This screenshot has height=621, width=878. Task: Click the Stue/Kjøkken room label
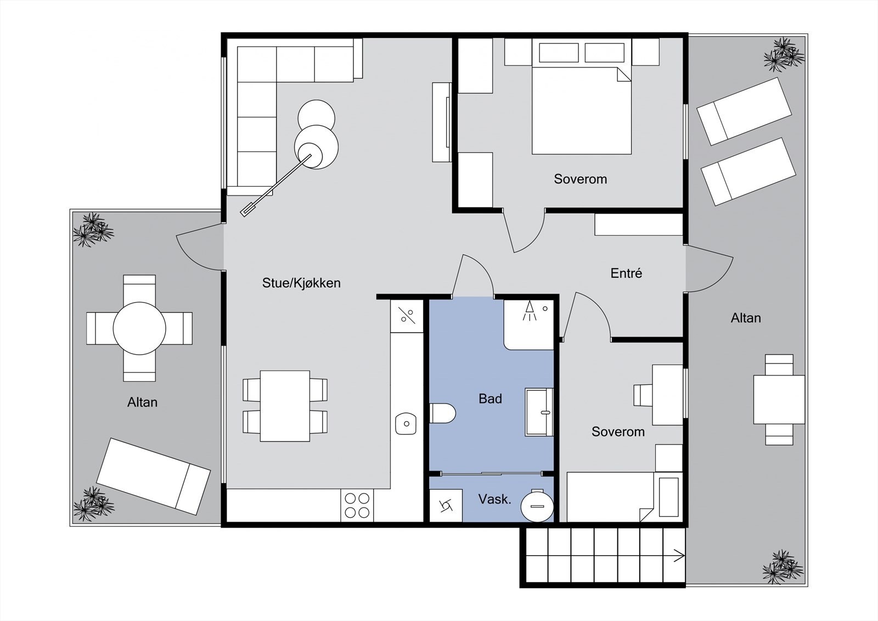click(301, 283)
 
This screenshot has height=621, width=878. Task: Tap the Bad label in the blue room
click(490, 399)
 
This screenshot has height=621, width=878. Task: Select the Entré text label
click(626, 273)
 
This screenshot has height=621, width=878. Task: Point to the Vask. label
click(494, 500)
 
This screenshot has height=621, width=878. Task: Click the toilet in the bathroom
click(442, 413)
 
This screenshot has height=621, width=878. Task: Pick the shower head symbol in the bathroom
click(530, 311)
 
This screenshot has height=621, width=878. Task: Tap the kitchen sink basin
click(406, 424)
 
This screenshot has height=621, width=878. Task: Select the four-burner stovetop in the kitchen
click(357, 505)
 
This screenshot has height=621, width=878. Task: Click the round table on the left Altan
click(139, 328)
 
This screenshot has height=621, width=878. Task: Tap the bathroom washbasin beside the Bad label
click(539, 412)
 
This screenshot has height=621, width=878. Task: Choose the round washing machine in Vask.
click(537, 506)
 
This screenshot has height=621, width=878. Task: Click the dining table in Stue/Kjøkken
click(285, 406)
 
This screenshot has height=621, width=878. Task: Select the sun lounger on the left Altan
click(153, 476)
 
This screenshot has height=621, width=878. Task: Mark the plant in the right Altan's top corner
click(784, 54)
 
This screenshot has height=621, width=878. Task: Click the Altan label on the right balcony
click(746, 318)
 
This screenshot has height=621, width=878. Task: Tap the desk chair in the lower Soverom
click(643, 395)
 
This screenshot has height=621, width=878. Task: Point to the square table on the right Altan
click(779, 400)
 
